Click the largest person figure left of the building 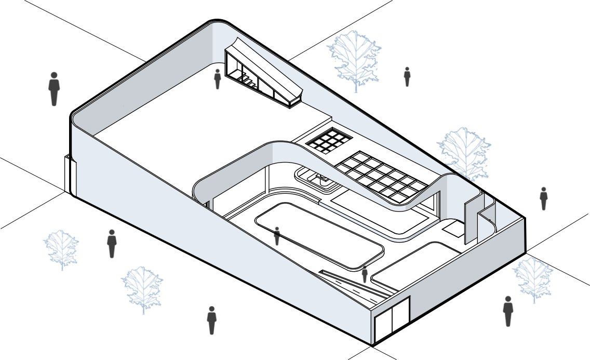[x=53, y=89]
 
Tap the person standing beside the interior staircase [x=218, y=79]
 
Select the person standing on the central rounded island [x=277, y=236]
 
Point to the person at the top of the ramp [x=365, y=274]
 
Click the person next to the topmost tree [x=407, y=76]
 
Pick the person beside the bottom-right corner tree [x=508, y=311]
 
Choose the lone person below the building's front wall [x=211, y=320]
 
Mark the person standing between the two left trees [x=112, y=244]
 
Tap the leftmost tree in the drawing [x=61, y=248]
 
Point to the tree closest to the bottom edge [x=142, y=289]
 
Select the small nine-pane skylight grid [x=328, y=141]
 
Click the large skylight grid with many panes [x=381, y=176]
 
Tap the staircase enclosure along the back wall [x=263, y=74]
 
